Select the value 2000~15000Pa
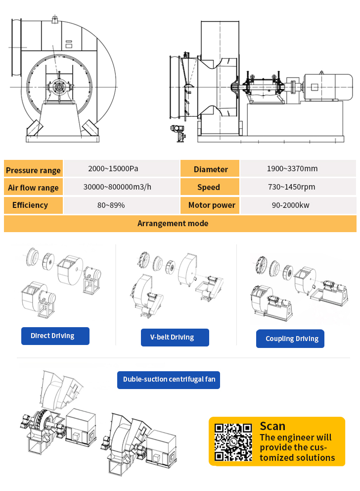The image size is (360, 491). (x=113, y=168)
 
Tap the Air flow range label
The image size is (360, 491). (x=33, y=188)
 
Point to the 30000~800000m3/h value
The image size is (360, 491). (x=117, y=187)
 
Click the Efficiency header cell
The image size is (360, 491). (x=33, y=205)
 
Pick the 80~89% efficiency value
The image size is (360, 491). (x=111, y=205)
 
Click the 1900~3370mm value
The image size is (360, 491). (x=292, y=168)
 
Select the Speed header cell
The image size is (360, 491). (x=210, y=187)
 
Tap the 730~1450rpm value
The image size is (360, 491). (x=291, y=187)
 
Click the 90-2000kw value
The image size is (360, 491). (x=291, y=205)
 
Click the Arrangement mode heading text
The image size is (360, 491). (x=173, y=223)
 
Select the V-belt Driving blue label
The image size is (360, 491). (x=175, y=337)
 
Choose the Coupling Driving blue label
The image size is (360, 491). (x=290, y=339)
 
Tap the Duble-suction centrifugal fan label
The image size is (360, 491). (x=169, y=380)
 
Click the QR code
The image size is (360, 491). (x=233, y=442)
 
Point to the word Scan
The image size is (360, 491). (x=272, y=426)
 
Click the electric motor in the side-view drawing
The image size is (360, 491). (x=328, y=87)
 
